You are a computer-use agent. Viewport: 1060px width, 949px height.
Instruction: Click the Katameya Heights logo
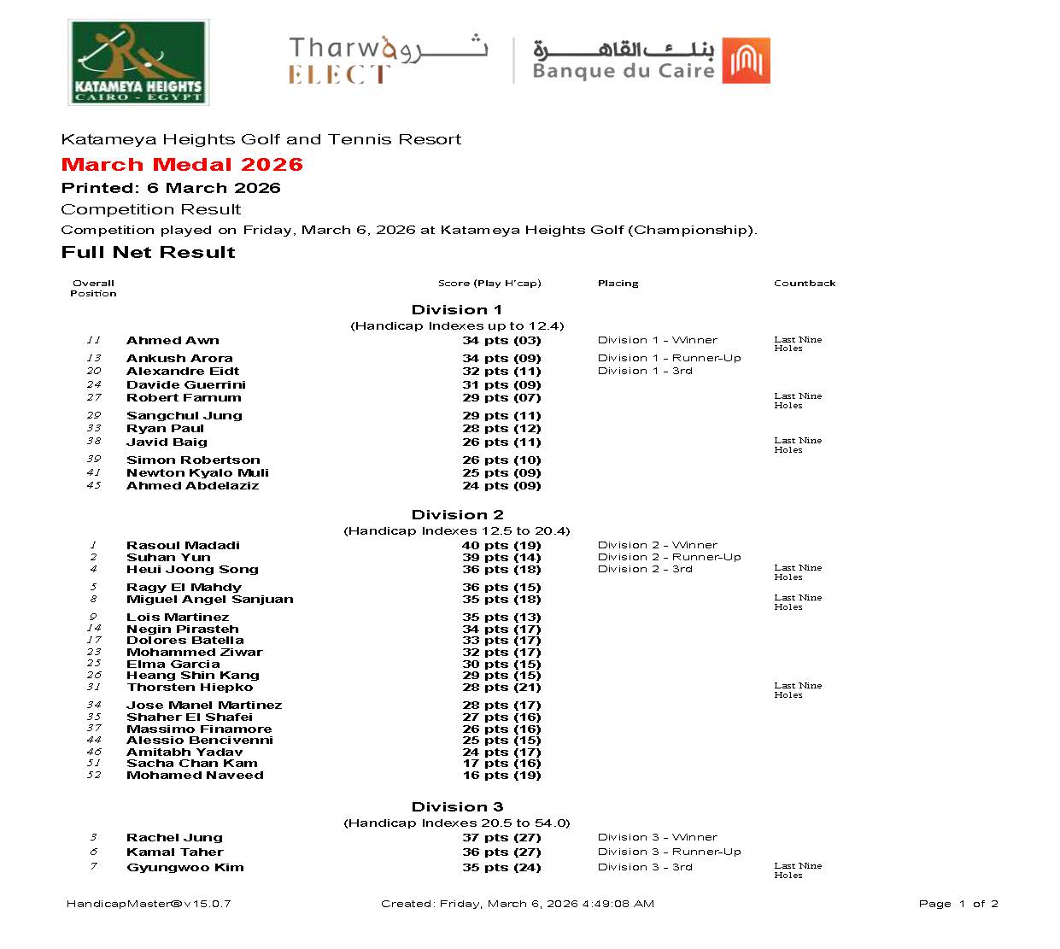point(138,64)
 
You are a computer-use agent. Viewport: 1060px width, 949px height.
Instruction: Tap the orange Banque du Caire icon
point(746,61)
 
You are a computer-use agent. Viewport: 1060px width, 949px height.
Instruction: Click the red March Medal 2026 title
point(182,165)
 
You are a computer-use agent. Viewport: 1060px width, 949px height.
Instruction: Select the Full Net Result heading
point(149,253)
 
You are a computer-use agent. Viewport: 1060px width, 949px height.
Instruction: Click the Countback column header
point(805,284)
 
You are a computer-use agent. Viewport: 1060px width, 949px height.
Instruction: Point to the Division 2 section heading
point(457,515)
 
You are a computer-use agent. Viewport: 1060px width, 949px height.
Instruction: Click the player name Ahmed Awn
point(173,341)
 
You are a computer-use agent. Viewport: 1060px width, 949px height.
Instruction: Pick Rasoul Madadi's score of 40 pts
point(501,546)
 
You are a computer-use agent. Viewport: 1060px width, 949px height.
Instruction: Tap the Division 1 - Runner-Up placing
point(669,359)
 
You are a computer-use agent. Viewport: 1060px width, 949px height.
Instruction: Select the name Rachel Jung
point(174,838)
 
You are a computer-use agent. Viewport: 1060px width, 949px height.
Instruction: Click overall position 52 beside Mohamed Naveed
point(94,776)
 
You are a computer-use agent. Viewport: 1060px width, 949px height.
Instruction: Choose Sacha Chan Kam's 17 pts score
point(501,764)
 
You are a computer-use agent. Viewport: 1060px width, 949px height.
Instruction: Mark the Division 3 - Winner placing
point(657,838)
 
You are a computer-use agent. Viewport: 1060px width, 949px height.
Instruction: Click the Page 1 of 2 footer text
point(958,904)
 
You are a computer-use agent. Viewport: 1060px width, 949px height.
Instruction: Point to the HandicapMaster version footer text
point(149,904)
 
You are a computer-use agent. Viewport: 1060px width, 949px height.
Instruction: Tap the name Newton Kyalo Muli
point(197,473)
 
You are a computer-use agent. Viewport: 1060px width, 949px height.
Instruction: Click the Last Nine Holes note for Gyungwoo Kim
point(798,870)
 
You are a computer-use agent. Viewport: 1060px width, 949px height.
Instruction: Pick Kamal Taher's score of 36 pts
point(501,852)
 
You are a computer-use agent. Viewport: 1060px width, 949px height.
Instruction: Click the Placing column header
point(618,284)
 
